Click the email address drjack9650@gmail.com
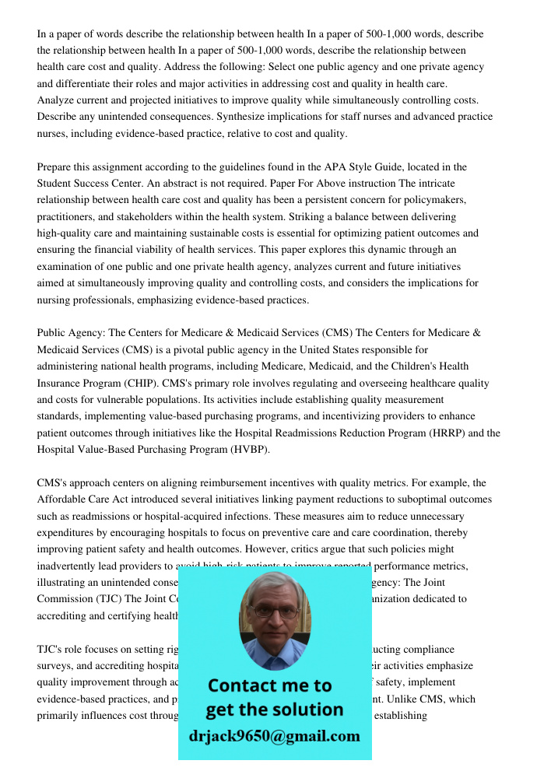click(x=275, y=736)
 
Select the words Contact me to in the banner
click(x=270, y=685)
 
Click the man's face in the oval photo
click(x=274, y=615)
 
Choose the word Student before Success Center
click(x=56, y=184)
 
